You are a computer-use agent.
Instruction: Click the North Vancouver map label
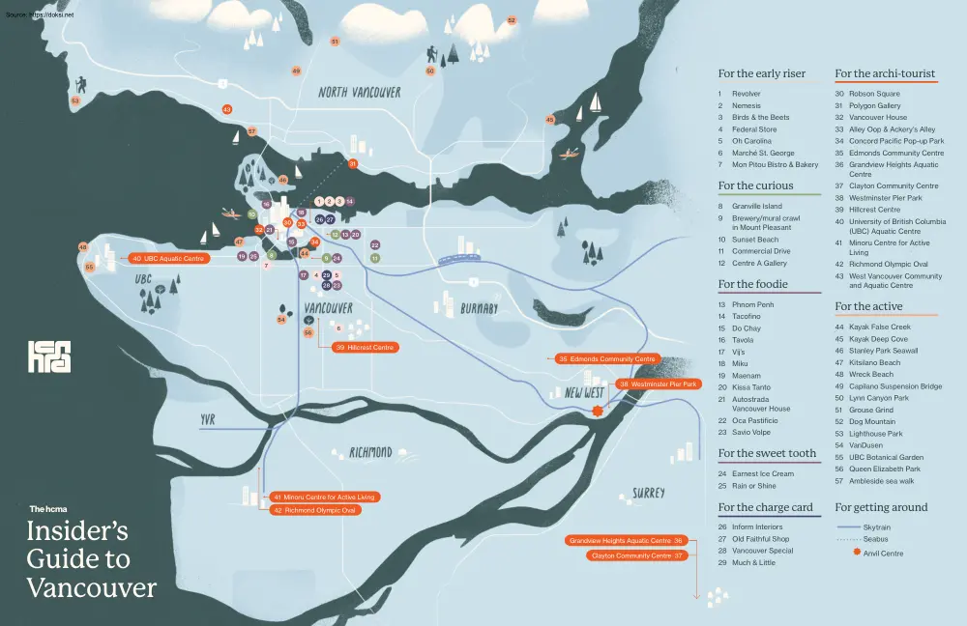[360, 93]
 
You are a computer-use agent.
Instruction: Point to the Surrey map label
[648, 493]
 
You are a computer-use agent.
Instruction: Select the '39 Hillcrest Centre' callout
[365, 347]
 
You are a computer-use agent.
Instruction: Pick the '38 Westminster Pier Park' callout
[659, 384]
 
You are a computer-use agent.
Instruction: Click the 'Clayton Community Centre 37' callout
[637, 555]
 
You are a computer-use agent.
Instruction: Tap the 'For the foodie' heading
[752, 284]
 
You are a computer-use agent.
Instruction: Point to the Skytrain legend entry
[869, 527]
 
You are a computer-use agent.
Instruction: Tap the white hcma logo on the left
[48, 356]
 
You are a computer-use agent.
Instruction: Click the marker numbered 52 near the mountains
[512, 20]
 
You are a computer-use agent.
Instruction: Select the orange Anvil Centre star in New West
[598, 411]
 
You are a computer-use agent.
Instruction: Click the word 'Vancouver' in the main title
[92, 587]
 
